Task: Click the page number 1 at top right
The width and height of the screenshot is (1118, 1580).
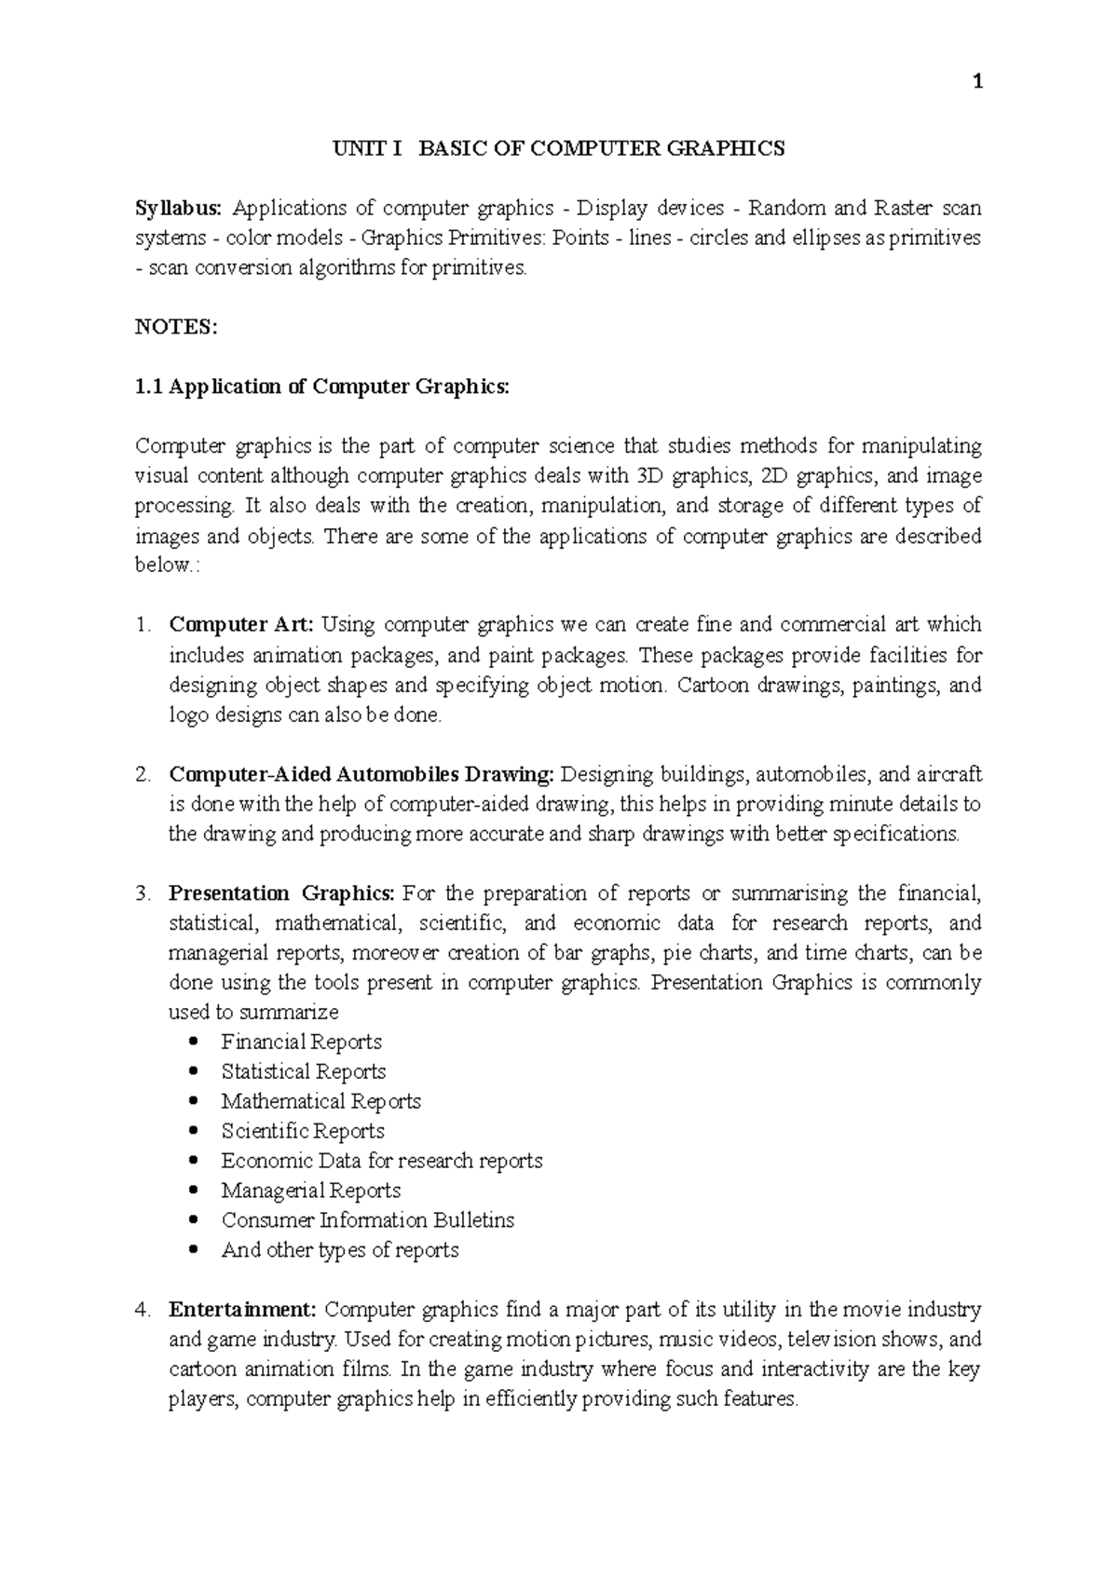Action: pos(976,83)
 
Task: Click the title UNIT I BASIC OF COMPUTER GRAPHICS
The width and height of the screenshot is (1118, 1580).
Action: pos(559,148)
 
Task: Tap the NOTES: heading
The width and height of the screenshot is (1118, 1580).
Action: pos(176,327)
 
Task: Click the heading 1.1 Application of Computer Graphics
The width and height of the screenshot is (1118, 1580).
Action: pos(322,387)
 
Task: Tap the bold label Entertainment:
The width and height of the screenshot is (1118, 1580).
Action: pos(242,1310)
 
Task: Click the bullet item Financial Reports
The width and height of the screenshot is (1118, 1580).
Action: pos(301,1042)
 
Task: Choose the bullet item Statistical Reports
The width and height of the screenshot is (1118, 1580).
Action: pos(303,1071)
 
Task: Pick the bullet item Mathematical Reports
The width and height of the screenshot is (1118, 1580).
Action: pos(320,1101)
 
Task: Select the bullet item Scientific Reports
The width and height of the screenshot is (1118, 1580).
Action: pos(303,1131)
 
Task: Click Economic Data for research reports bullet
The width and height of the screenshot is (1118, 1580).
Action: pos(381,1161)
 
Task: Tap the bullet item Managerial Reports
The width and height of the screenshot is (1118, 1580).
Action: pos(310,1191)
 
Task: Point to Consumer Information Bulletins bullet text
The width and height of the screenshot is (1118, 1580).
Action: pos(367,1220)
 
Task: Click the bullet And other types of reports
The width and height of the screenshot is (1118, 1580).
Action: pos(340,1250)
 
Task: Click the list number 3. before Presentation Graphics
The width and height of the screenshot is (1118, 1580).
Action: pos(142,893)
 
